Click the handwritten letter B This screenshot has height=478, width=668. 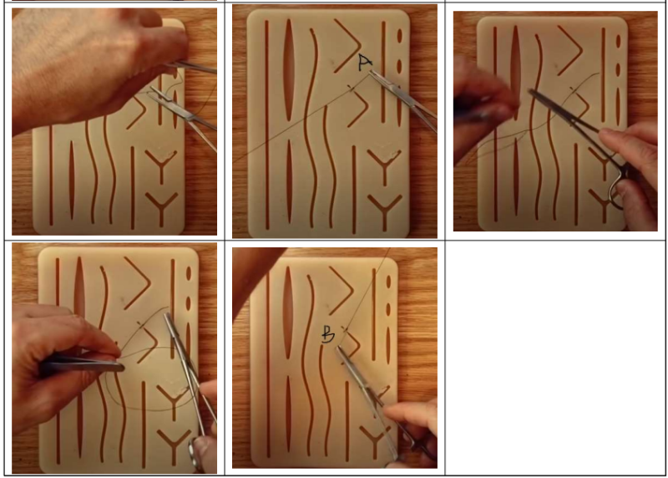tap(328, 335)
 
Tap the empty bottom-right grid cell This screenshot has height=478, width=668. tap(555, 358)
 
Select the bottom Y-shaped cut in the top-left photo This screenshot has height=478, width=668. tap(161, 209)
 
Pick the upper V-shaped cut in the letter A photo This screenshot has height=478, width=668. tap(347, 45)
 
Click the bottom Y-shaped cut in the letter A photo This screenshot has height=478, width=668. tap(385, 212)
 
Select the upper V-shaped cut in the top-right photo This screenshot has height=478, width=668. tap(570, 50)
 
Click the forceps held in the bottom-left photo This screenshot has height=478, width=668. tap(81, 366)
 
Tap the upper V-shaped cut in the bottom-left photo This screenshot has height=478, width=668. tap(137, 282)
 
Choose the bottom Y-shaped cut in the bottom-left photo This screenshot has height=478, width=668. tap(174, 446)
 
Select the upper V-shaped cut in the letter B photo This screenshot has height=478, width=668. tap(342, 290)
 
